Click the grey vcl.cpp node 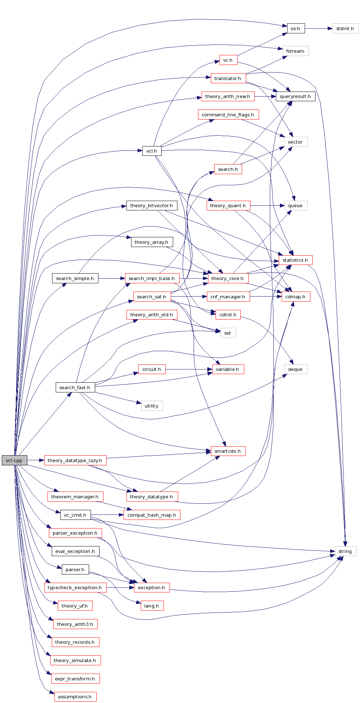click(x=14, y=460)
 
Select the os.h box click(x=296, y=28)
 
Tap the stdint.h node click(x=345, y=28)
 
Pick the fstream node click(x=295, y=51)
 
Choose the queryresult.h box click(x=295, y=96)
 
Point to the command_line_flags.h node click(x=228, y=115)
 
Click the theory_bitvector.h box click(x=152, y=205)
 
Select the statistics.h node click(x=295, y=260)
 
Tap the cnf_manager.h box click(x=228, y=297)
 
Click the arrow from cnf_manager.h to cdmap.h click(x=266, y=297)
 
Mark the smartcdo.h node click(x=228, y=451)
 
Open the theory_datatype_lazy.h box click(x=75, y=460)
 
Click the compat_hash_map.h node click(x=152, y=515)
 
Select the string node click(x=345, y=551)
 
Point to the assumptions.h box click(x=75, y=697)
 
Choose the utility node click(x=152, y=406)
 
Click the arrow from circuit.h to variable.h click(x=189, y=369)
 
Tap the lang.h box click(x=152, y=606)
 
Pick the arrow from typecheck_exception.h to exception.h click(x=120, y=587)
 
